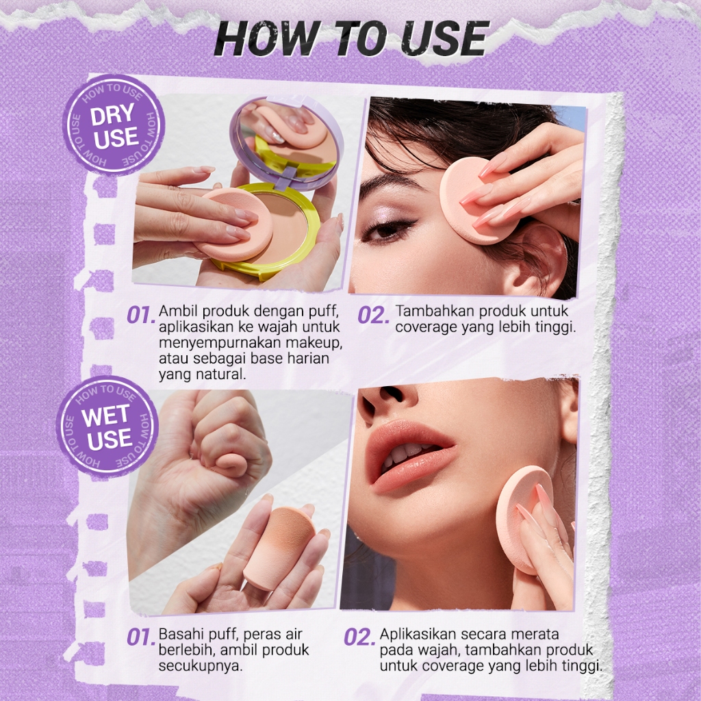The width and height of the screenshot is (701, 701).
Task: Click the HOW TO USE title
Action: click(350, 39)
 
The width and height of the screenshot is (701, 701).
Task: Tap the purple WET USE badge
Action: click(107, 426)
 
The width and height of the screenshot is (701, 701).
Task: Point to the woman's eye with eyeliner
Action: click(389, 230)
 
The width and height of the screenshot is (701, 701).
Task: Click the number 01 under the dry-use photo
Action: click(141, 316)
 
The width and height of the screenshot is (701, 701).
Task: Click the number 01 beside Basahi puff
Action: click(141, 637)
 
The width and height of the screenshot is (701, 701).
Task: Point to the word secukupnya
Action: click(201, 665)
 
